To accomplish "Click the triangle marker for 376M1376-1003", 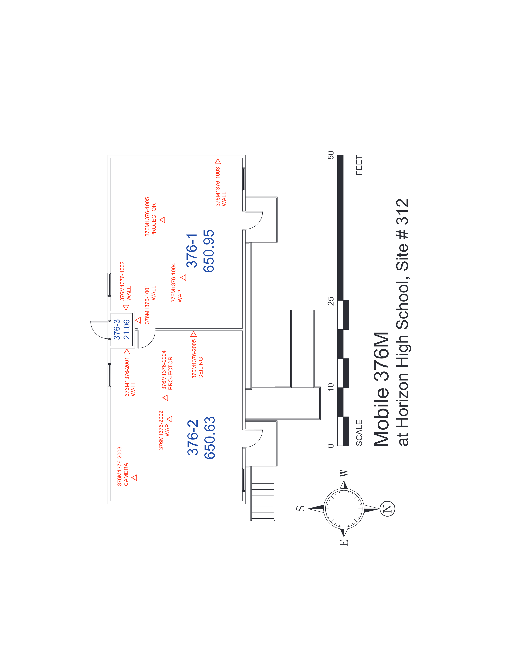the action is (218, 161).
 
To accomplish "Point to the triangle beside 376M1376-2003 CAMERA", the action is (135, 477).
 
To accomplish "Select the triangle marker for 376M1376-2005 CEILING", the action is (194, 334).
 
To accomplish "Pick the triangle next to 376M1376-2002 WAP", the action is (170, 419).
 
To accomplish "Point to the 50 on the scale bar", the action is (331, 155).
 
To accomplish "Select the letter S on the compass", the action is (301, 508).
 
